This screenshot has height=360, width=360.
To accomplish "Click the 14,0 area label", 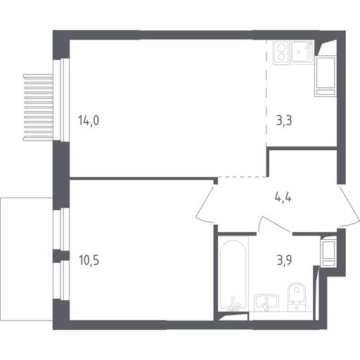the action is [89, 121].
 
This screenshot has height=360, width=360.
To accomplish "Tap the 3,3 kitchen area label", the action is [284, 121].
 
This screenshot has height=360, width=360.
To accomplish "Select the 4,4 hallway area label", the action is [283, 198].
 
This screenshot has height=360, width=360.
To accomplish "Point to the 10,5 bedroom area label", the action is [89, 260].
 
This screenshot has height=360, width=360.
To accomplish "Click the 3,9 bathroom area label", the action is [284, 260].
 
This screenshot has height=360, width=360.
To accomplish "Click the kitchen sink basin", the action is [302, 52].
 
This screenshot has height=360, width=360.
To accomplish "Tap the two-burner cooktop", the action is [281, 52].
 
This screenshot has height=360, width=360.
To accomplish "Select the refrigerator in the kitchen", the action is [326, 76].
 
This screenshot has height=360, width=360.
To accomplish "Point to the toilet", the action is [297, 296].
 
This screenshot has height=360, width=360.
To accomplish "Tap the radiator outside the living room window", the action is [38, 108].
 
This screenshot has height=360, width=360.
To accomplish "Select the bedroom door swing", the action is [205, 203].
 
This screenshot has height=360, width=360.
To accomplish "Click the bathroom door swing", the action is [275, 224].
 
